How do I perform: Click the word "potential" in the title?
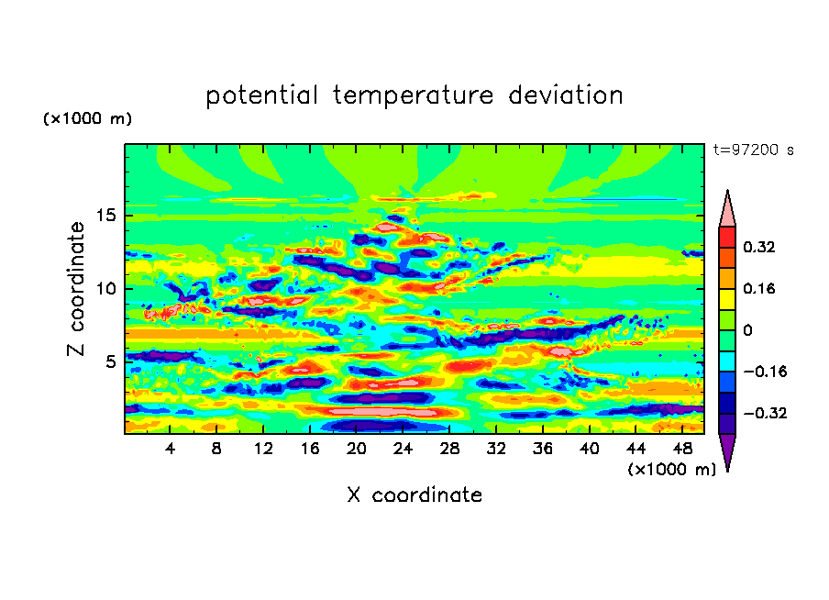pyautogui.click(x=261, y=95)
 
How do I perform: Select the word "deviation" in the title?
pyautogui.click(x=566, y=95)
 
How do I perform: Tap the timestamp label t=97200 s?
pyautogui.click(x=754, y=150)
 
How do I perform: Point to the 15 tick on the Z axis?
pyautogui.click(x=105, y=216)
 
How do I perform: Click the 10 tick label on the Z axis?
pyautogui.click(x=105, y=288)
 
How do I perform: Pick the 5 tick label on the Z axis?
pyautogui.click(x=109, y=361)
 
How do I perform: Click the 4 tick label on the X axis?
pyautogui.click(x=170, y=449)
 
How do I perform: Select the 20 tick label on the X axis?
pyautogui.click(x=356, y=449)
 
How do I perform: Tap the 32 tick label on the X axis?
pyautogui.click(x=496, y=449)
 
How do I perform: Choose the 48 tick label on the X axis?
pyautogui.click(x=682, y=449)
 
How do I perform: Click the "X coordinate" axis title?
pyautogui.click(x=414, y=494)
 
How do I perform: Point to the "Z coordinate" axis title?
pyautogui.click(x=76, y=289)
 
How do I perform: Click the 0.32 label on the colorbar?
pyautogui.click(x=758, y=247)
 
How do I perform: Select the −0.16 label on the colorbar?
pyautogui.click(x=765, y=372)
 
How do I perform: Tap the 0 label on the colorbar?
pyautogui.click(x=747, y=330)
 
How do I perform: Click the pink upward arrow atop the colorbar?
pyautogui.click(x=727, y=209)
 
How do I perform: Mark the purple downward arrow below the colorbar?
pyautogui.click(x=727, y=450)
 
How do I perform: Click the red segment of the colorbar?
pyautogui.click(x=727, y=237)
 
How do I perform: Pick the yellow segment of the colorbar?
pyautogui.click(x=727, y=299)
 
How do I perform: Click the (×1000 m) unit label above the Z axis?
pyautogui.click(x=87, y=118)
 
